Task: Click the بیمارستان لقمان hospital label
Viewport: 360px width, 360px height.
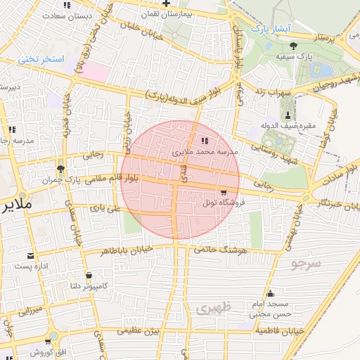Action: pyautogui.click(x=165, y=13)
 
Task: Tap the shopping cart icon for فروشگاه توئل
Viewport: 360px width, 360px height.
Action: pyautogui.click(x=224, y=193)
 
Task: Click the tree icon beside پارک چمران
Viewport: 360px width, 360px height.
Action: pyautogui.click(x=60, y=169)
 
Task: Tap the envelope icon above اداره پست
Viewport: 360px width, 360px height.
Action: pyautogui.click(x=30, y=255)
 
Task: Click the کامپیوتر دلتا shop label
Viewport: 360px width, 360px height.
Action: pyautogui.click(x=88, y=285)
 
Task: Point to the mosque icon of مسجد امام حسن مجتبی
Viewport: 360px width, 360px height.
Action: pyautogui.click(x=270, y=294)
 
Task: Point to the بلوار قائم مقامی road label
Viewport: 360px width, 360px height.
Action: pyautogui.click(x=129, y=179)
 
